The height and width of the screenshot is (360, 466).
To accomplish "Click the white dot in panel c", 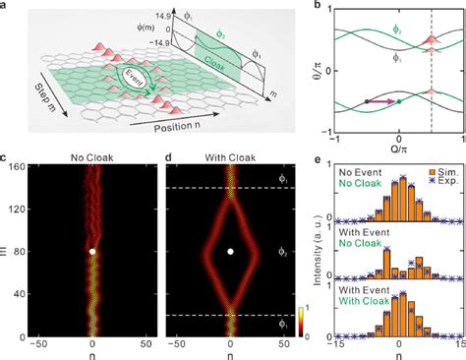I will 92,252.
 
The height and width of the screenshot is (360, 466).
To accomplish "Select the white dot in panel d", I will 230,252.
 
